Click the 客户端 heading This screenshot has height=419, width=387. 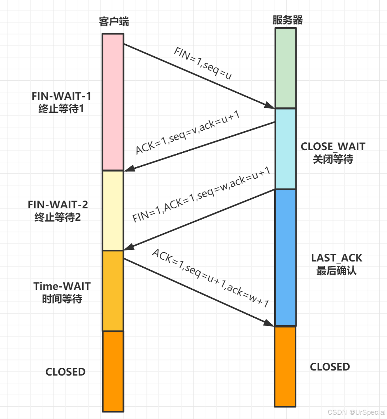pos(113,22)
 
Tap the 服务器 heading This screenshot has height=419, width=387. pos(288,20)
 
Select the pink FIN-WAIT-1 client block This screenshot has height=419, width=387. pos(113,102)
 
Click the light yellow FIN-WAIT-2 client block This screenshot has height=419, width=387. pos(113,210)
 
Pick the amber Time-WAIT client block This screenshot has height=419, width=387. pos(113,291)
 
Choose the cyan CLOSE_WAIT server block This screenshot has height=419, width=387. pos(285,149)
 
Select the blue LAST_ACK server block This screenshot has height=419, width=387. pos(285,258)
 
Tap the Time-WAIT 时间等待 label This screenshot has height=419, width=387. pos(62,292)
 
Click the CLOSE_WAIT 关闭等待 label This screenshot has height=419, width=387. pos(333,152)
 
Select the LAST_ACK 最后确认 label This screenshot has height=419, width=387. pos(337,264)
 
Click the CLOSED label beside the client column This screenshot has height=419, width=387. pos(66,372)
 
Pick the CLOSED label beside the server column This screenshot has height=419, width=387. pos(330,367)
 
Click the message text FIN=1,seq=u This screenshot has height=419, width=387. pos(202,64)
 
